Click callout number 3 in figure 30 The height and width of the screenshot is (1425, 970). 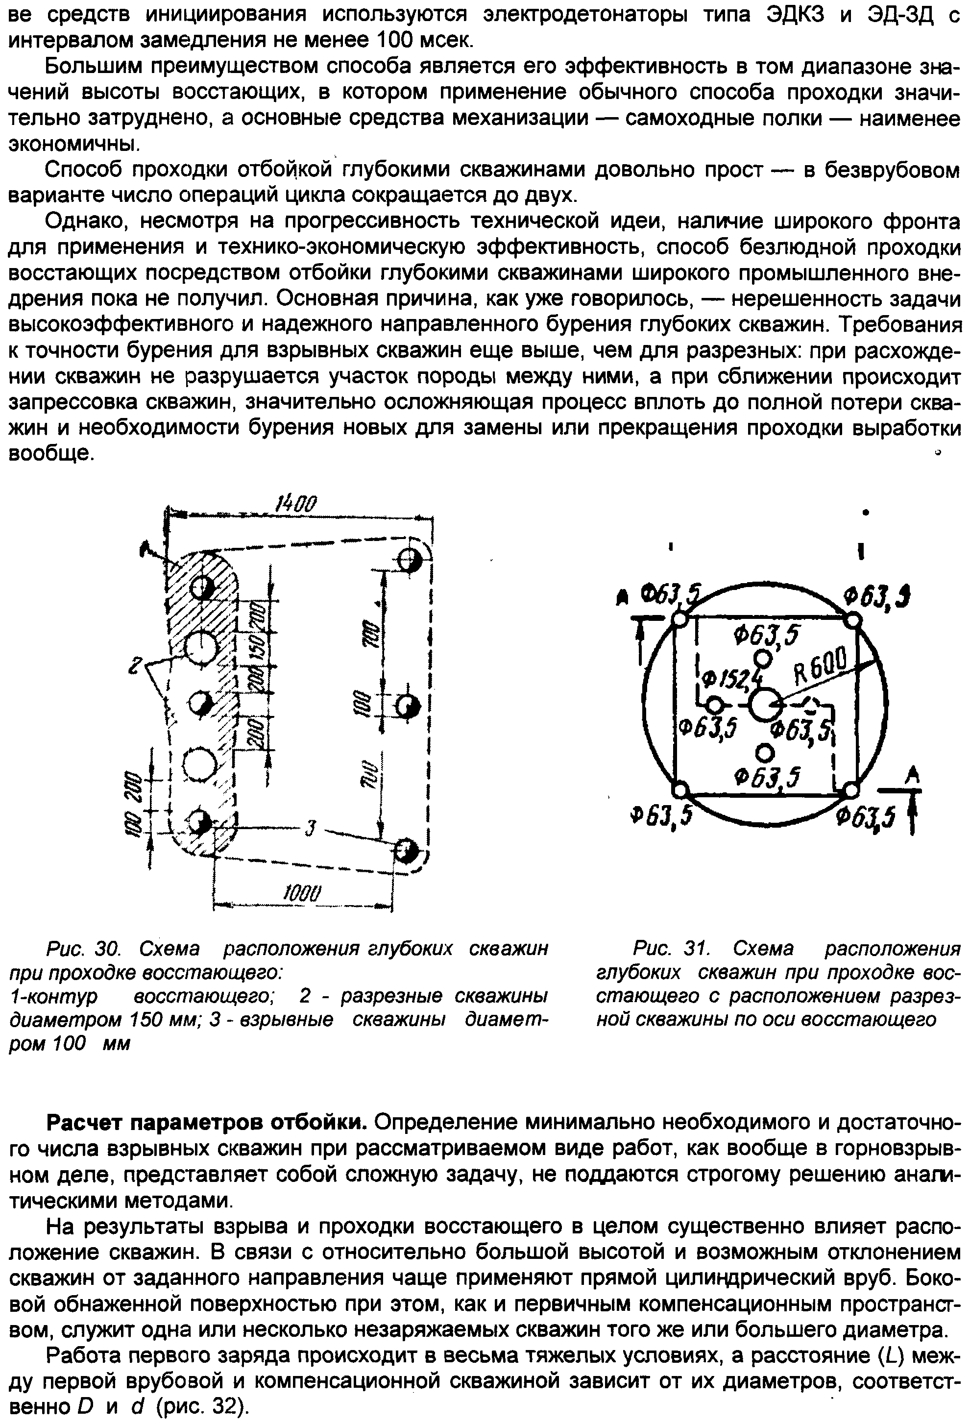[x=310, y=830]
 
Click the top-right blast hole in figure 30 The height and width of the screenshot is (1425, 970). [x=410, y=559]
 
